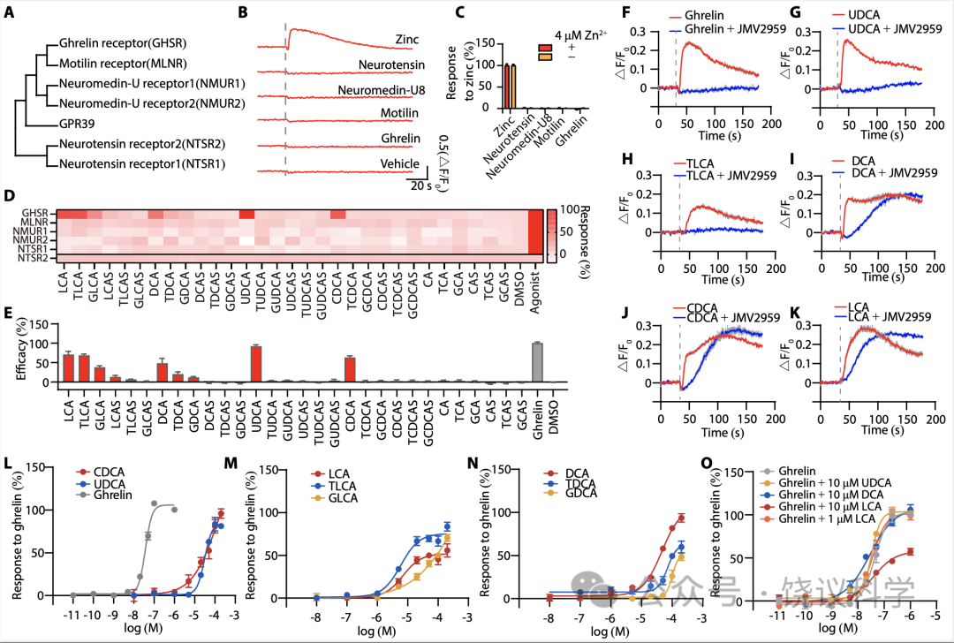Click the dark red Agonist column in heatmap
point(534,234)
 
